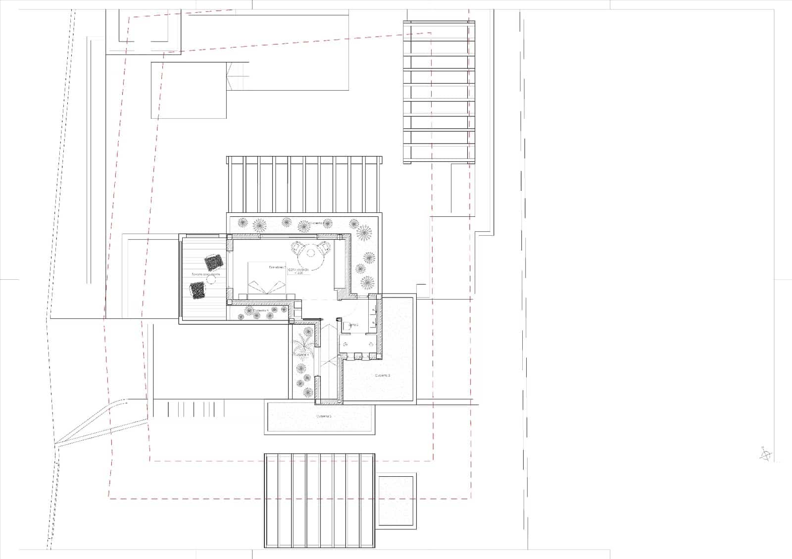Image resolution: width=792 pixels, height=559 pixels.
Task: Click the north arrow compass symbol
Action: (765, 454)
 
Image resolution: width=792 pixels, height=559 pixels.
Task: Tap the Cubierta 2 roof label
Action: (383, 376)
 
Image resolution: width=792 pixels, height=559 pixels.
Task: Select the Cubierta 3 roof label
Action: (324, 416)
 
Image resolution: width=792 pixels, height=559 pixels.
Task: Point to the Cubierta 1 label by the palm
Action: (301, 355)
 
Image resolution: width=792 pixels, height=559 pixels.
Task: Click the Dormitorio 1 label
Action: (278, 267)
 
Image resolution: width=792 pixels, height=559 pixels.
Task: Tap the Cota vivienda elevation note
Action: (299, 271)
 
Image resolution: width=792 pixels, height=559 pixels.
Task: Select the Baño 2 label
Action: (353, 325)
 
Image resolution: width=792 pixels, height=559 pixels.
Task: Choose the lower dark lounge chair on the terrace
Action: (198, 289)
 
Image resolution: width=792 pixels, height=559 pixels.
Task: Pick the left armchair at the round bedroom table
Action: (296, 246)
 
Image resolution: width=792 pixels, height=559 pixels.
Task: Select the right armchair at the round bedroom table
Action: (325, 246)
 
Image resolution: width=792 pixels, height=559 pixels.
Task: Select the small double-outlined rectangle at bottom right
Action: (396, 501)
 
